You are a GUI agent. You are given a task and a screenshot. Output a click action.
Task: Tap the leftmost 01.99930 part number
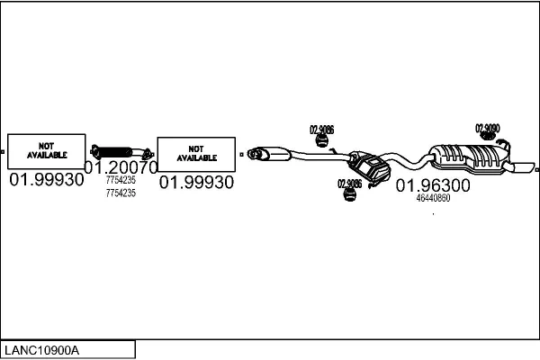(46, 180)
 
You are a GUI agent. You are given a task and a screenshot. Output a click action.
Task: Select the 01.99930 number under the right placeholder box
(196, 183)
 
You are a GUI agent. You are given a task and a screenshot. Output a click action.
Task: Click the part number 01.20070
(121, 166)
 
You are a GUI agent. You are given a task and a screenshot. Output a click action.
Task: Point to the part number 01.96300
(433, 185)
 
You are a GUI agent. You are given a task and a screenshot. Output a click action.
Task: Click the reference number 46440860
(433, 199)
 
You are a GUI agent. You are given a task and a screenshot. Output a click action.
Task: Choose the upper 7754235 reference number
(121, 181)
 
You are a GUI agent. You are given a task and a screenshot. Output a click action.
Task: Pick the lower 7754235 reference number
(121, 193)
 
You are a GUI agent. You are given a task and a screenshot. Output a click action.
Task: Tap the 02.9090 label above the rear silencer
(488, 128)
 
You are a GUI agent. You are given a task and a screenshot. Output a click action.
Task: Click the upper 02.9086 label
(321, 130)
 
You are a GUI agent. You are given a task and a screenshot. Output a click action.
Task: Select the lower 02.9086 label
(349, 184)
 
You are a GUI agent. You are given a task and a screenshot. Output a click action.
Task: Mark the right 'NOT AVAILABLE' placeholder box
(196, 153)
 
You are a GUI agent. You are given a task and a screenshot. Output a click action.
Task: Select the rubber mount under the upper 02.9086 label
(320, 141)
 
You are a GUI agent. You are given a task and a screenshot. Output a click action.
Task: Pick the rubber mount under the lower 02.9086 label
(348, 196)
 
